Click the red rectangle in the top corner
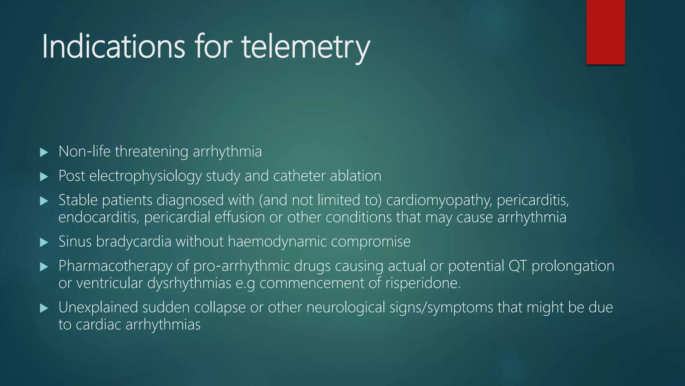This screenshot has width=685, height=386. point(605,32)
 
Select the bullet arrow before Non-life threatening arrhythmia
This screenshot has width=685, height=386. point(44,152)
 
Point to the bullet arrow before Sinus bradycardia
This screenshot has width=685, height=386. point(44,242)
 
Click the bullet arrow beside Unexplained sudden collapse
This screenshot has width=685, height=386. point(44,308)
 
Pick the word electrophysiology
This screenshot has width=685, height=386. point(145,176)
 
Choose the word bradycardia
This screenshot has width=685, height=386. point(134,242)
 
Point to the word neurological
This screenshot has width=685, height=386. point(346,307)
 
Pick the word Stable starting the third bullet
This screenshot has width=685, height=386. point(78,200)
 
